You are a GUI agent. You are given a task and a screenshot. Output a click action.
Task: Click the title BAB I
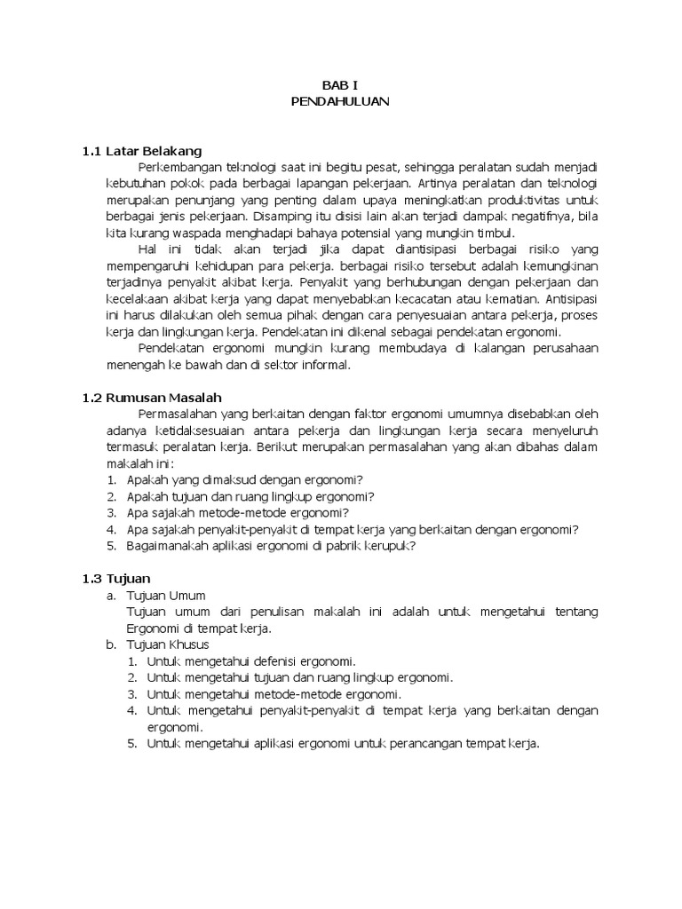340,86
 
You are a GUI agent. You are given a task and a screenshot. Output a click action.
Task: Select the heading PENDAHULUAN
340,101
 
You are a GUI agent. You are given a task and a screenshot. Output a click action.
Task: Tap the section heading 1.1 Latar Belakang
142,151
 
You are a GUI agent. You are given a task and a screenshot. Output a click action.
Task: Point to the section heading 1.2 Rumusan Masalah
152,397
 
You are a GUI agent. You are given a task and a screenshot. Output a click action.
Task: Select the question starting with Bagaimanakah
272,546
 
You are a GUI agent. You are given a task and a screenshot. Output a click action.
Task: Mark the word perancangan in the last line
415,744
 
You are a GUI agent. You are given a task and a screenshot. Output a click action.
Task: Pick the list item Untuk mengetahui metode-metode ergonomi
274,694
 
